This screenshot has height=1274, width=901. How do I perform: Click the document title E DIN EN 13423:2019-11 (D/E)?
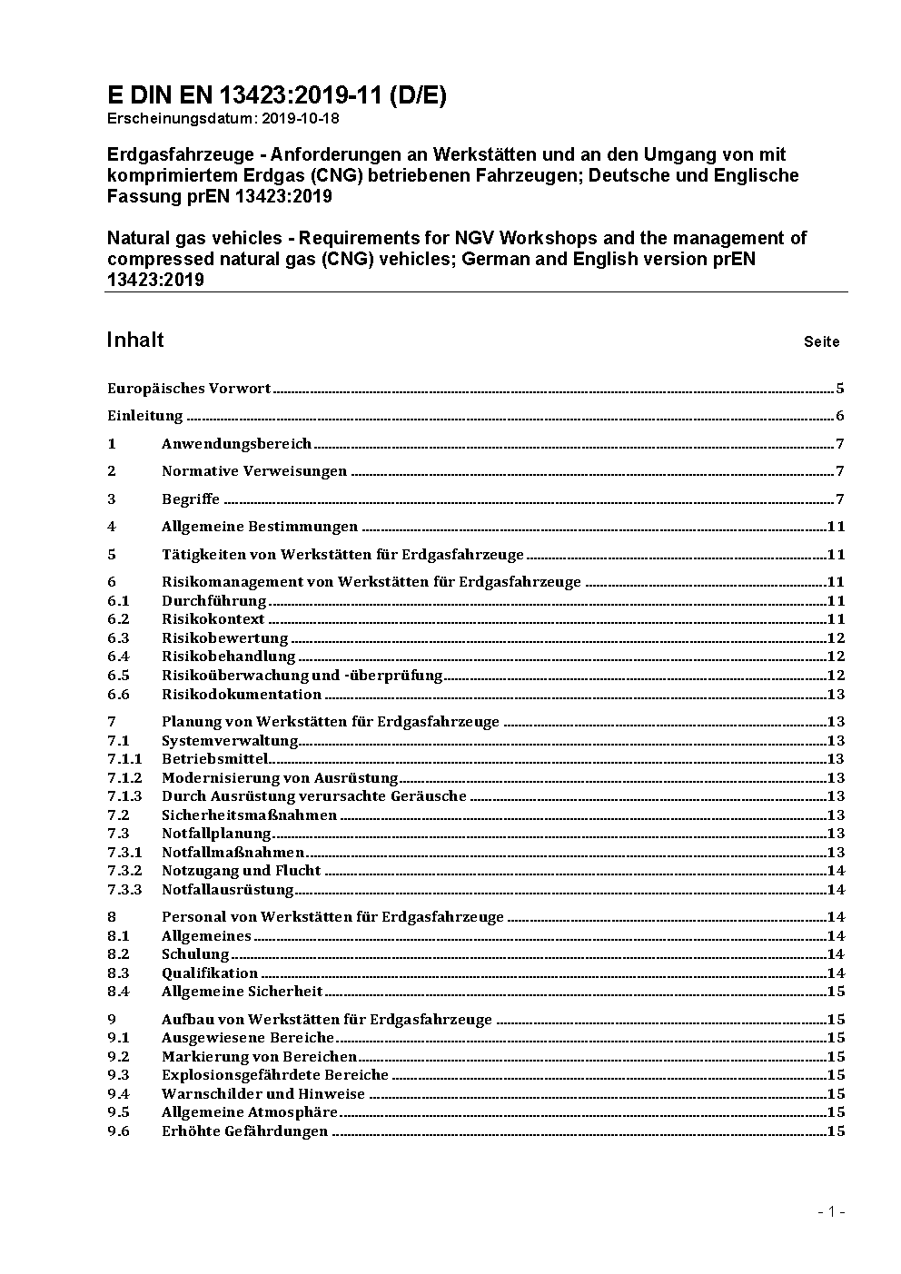(276, 96)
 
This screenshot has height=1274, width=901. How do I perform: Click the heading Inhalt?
(135, 341)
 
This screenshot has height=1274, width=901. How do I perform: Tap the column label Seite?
(821, 342)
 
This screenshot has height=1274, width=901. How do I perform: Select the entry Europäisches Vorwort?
(189, 389)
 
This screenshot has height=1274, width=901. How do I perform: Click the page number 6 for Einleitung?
(840, 417)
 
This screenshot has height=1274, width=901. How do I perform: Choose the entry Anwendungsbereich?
(236, 444)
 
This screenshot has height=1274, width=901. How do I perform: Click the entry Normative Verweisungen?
(254, 471)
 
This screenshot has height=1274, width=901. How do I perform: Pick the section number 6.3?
(118, 638)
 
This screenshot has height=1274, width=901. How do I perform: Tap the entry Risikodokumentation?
(242, 695)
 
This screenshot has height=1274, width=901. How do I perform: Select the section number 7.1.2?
(124, 778)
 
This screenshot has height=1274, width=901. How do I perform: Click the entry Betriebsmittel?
(214, 759)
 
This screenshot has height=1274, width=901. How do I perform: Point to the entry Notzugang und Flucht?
(241, 871)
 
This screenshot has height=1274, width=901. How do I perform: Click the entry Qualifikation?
(210, 973)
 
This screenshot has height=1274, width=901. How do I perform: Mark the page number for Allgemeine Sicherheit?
(836, 992)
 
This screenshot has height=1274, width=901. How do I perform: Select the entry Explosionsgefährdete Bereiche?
(274, 1075)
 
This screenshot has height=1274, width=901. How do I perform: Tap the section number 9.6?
(118, 1131)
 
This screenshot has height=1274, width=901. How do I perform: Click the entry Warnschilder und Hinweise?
(262, 1094)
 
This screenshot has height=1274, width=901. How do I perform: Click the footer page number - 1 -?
(831, 1212)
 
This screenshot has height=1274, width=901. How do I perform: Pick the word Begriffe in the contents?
(191, 499)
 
